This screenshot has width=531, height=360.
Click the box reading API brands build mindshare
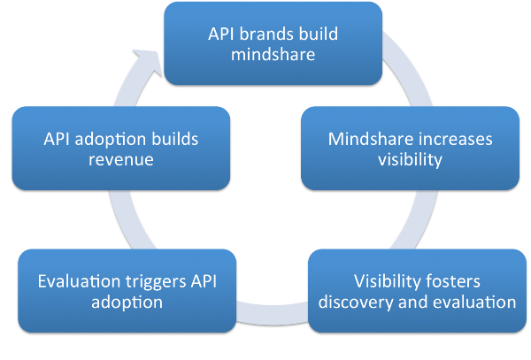pyautogui.click(x=273, y=43)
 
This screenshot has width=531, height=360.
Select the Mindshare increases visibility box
pyautogui.click(x=410, y=148)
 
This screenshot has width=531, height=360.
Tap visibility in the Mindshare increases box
pyautogui.click(x=409, y=160)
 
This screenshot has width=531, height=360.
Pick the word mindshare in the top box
pyautogui.click(x=273, y=54)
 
